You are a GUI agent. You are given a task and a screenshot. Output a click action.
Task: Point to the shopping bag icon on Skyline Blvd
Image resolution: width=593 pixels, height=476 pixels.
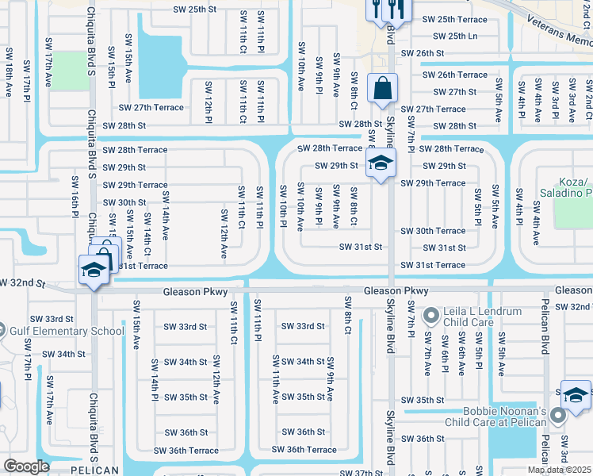tap(382, 90)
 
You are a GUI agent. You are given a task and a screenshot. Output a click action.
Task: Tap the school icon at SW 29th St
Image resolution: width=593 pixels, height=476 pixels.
tap(381, 165)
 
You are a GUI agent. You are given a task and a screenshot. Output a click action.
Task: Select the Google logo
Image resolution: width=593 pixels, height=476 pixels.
tap(26, 466)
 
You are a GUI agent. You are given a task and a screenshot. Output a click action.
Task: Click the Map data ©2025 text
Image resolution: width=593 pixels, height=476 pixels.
tap(560, 470)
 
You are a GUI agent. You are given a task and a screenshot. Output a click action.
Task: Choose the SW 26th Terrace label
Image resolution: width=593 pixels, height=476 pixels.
tap(454, 75)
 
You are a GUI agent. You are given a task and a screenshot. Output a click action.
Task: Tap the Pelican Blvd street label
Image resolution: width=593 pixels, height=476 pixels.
tap(545, 333)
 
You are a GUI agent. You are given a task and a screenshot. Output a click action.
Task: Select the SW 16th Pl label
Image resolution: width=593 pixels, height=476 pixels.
tap(75, 196)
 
